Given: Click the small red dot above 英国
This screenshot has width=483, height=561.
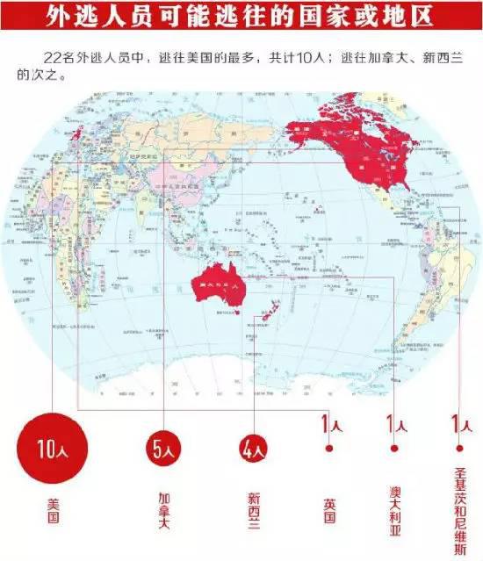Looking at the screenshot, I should coord(329,448).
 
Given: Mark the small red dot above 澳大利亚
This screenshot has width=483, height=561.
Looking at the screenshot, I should coord(395,448).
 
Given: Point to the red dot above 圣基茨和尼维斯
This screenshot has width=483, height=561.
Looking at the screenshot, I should coord(455,448).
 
